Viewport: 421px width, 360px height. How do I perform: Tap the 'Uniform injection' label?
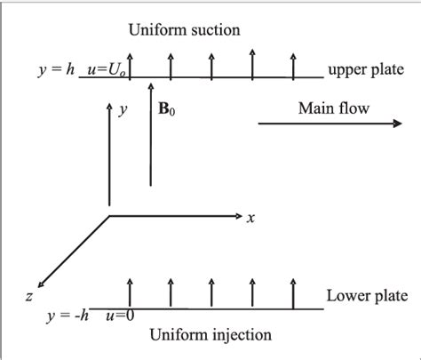coord(200,334)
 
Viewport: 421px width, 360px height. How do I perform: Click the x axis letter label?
coord(251,219)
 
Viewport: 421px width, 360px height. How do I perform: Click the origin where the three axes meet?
coord(109,215)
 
